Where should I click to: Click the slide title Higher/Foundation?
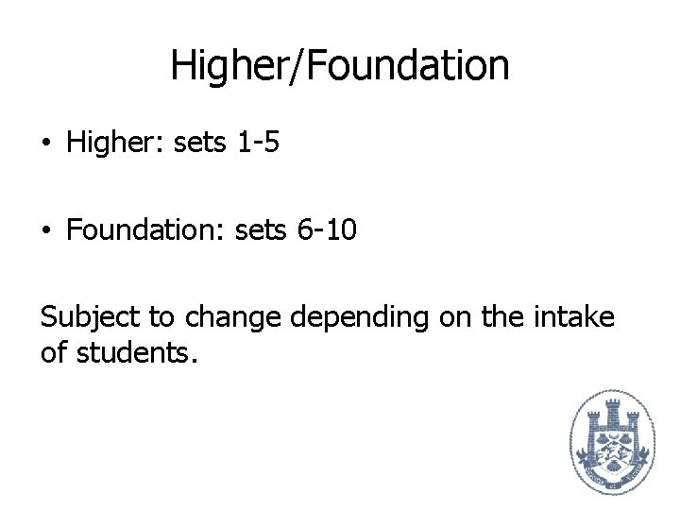[x=340, y=66]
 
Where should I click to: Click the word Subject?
[x=86, y=317]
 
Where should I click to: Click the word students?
[x=137, y=353]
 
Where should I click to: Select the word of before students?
[x=52, y=353]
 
